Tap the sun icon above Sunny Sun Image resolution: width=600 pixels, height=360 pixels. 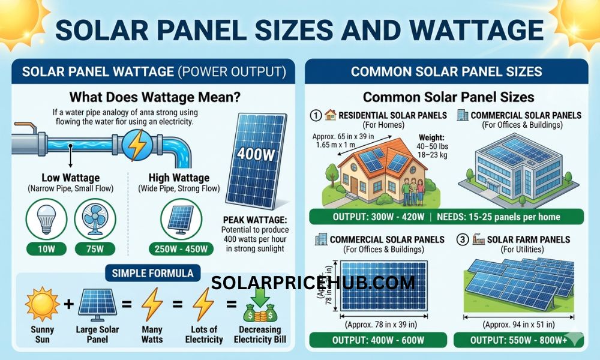pyautogui.click(x=42, y=304)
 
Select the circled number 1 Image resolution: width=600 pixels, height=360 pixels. pyautogui.click(x=316, y=115)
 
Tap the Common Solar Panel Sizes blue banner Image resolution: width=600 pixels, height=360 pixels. pyautogui.click(x=446, y=72)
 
